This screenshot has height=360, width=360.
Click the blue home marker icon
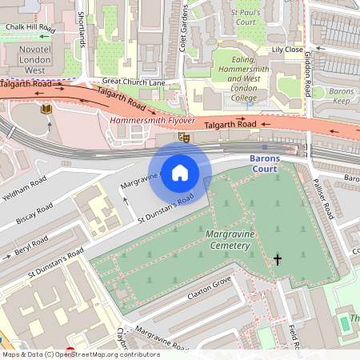180,172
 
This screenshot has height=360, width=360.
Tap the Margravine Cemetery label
241,238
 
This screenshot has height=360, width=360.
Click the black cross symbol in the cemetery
278,259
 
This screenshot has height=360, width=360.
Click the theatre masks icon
185,138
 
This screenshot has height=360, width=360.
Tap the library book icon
46,108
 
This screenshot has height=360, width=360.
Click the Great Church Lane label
133,81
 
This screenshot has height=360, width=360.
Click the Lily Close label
287,50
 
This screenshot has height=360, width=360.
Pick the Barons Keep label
342,97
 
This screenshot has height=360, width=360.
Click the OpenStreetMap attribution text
80,354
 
